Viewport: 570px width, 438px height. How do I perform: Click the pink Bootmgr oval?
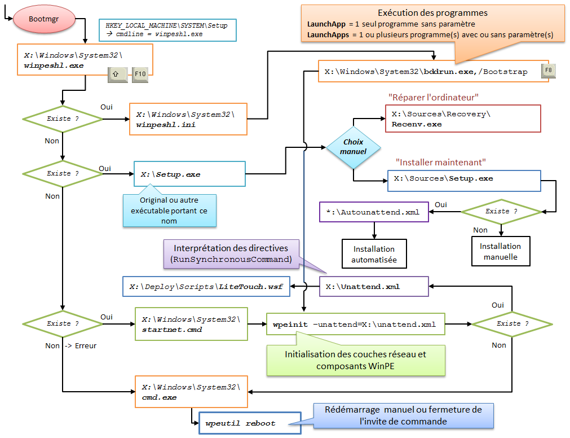click(45, 20)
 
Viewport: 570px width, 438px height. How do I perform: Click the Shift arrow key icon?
click(116, 73)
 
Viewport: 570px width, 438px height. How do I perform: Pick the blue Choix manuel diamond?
click(353, 147)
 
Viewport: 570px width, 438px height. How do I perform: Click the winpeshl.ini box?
click(188, 119)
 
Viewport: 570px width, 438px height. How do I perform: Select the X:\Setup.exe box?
click(189, 174)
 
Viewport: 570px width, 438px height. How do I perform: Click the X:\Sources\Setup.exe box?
click(463, 178)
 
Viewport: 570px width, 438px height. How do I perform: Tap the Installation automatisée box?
click(373, 254)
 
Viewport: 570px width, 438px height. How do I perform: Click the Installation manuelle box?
click(500, 251)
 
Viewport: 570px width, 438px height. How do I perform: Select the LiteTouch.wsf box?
click(206, 287)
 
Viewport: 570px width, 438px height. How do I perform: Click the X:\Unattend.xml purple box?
click(374, 287)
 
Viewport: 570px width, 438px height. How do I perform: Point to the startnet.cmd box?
click(191, 324)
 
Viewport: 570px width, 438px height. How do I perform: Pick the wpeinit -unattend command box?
click(355, 324)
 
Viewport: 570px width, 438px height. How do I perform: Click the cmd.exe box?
click(191, 392)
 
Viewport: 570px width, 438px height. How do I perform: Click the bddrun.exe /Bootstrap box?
click(433, 72)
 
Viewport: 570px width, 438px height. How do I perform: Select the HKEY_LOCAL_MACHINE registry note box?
click(167, 30)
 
